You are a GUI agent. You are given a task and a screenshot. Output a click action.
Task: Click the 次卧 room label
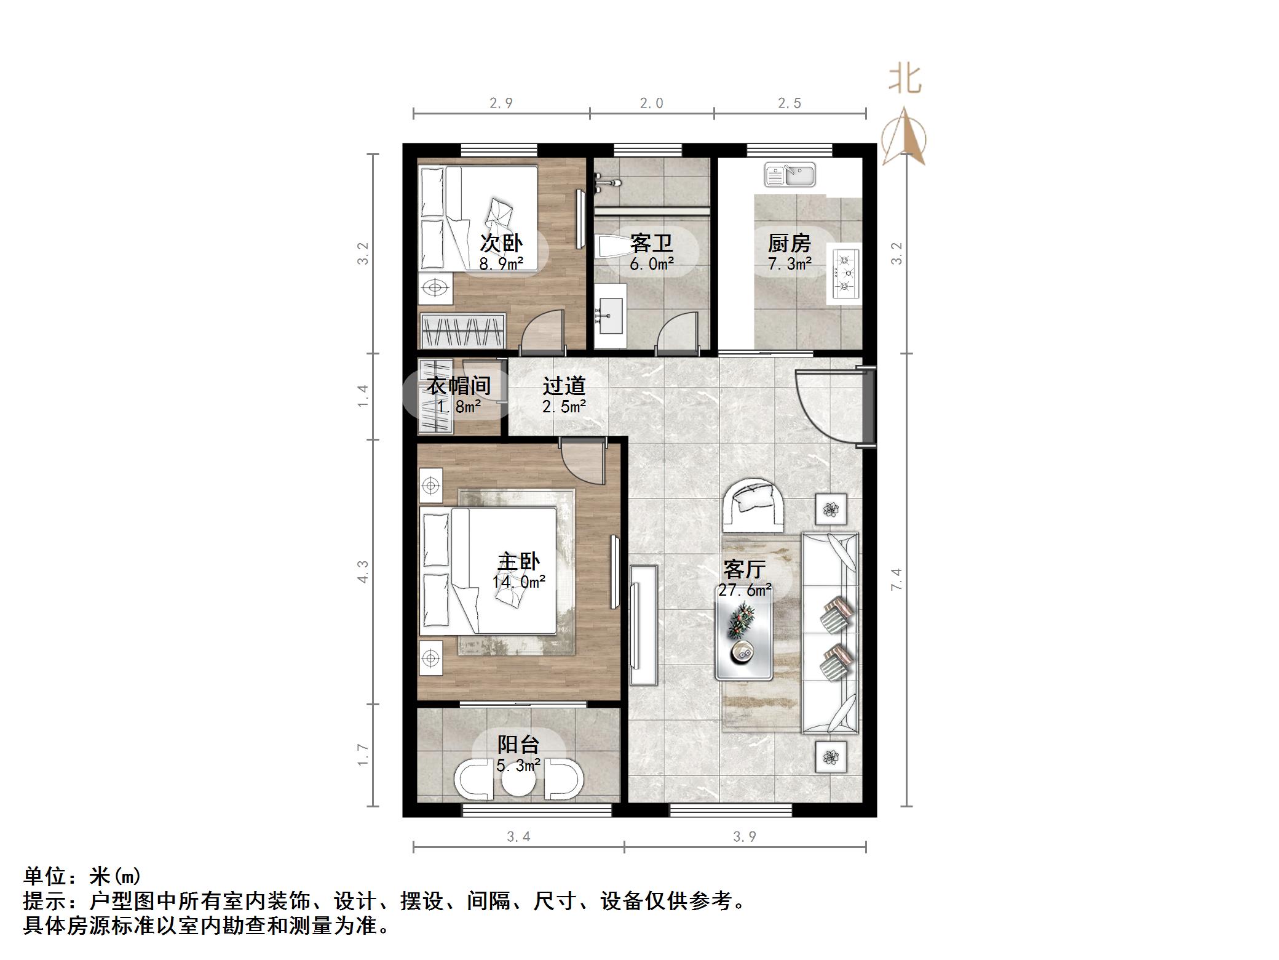(x=501, y=244)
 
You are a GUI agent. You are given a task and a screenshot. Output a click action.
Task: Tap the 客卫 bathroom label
(x=651, y=244)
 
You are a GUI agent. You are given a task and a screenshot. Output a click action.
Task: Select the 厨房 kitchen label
(x=789, y=244)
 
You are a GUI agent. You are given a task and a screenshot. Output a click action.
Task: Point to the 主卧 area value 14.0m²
(x=519, y=582)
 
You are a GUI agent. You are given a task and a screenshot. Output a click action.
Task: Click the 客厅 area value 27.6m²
(x=745, y=590)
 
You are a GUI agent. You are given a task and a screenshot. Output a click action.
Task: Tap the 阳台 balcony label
(x=518, y=745)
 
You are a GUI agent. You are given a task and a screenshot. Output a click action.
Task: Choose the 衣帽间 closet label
(x=459, y=386)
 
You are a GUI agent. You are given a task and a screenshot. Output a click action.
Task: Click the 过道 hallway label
(x=564, y=386)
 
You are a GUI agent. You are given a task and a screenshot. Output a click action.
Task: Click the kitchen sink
(x=790, y=175)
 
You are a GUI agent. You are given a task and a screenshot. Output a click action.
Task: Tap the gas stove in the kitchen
(x=847, y=271)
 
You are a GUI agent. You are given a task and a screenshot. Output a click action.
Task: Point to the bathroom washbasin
(x=610, y=316)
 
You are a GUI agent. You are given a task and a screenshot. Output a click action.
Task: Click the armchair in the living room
(x=753, y=505)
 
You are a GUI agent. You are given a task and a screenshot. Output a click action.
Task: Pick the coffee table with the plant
(x=743, y=640)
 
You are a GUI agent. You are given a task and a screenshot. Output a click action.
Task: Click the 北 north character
(x=905, y=79)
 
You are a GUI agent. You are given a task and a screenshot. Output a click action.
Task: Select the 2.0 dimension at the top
(x=651, y=103)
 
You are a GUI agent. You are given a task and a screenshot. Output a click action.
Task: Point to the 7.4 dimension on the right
(x=897, y=579)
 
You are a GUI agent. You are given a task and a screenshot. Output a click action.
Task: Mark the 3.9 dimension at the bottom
(x=745, y=837)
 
